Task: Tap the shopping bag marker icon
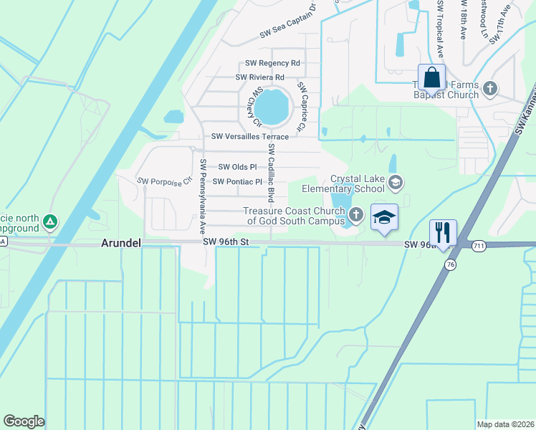(x=431, y=77)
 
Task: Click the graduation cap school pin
(x=384, y=216)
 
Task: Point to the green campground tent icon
(x=49, y=221)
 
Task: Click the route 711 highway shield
(x=478, y=246)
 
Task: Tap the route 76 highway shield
(x=449, y=264)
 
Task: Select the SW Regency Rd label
(x=272, y=63)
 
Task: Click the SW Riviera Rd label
(x=260, y=77)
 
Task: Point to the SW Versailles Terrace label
(x=249, y=136)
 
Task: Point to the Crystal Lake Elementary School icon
(x=395, y=183)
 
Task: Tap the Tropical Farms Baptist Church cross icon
(x=489, y=89)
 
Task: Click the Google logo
(x=24, y=421)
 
